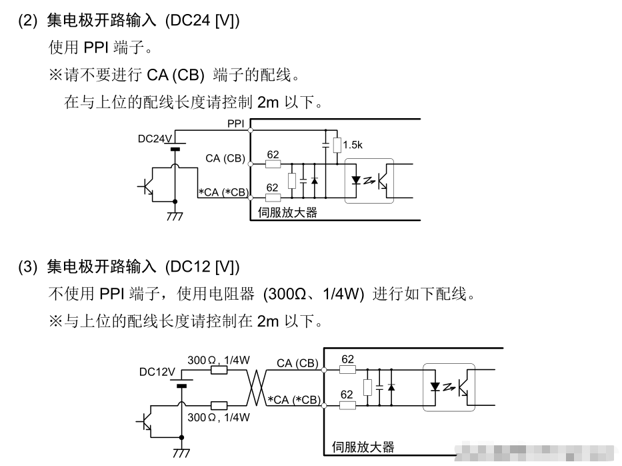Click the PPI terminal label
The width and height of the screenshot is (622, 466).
(x=235, y=124)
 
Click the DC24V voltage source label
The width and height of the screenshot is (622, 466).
(x=155, y=139)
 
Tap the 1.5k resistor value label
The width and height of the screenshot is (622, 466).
(x=353, y=144)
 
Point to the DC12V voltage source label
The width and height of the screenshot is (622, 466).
(x=157, y=372)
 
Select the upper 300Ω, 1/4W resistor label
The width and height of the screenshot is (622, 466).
(x=218, y=360)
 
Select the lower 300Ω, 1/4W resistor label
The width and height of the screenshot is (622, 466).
(x=218, y=417)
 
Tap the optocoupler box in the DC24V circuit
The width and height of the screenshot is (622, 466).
(x=369, y=180)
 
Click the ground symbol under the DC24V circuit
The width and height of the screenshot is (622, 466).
(x=175, y=216)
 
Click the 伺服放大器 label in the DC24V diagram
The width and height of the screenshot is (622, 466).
(x=287, y=214)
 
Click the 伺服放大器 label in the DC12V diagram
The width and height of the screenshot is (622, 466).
(x=363, y=447)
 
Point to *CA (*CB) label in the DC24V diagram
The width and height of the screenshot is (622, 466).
(x=223, y=193)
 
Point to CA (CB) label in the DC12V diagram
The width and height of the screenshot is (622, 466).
(x=297, y=363)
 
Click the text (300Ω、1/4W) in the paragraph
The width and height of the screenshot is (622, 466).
(x=313, y=294)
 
